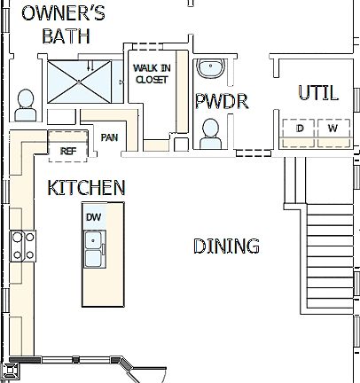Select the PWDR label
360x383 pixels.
click(x=221, y=100)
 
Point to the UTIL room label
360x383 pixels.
click(x=318, y=93)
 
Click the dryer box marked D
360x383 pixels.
click(x=300, y=130)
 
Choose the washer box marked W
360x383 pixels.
click(x=333, y=130)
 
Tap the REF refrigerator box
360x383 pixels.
click(x=67, y=151)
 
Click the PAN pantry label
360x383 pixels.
click(x=110, y=137)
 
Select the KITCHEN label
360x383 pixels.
click(x=86, y=187)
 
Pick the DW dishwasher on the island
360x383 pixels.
click(x=93, y=217)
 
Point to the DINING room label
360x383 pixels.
click(x=226, y=246)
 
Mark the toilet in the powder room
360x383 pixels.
click(x=211, y=132)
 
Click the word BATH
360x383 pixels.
click(x=67, y=35)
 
